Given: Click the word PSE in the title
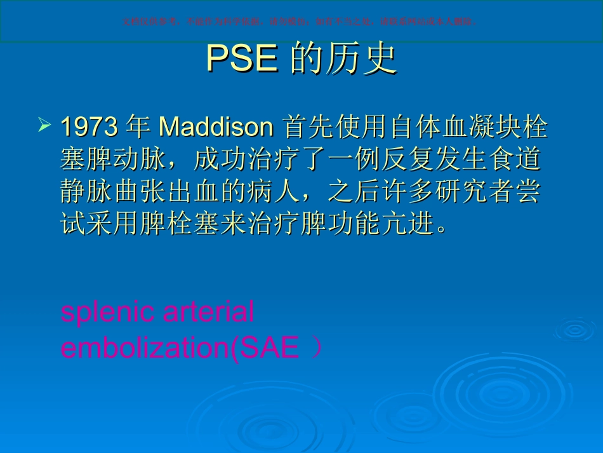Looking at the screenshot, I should (x=242, y=60).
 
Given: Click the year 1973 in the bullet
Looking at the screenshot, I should (x=89, y=127).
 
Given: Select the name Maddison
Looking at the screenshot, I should (x=216, y=127).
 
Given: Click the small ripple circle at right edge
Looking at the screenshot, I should (x=574, y=330).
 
